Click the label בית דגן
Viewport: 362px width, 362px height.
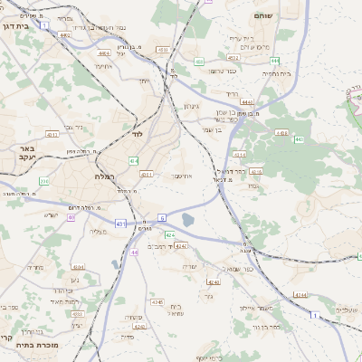(14, 27)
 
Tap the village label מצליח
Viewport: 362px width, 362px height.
(100, 232)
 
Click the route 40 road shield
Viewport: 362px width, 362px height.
(71, 217)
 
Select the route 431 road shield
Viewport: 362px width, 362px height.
(120, 223)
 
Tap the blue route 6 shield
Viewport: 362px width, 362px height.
(162, 217)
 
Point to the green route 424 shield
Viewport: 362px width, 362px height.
(170, 234)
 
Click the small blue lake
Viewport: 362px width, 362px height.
(187, 219)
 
